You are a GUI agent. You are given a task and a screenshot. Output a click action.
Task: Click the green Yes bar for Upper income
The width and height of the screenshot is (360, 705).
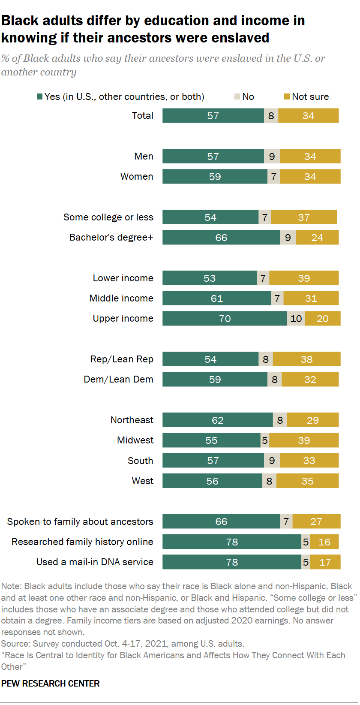coord(225,319)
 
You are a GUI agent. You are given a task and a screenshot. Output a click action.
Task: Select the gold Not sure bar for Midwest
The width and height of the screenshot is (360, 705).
coord(304,440)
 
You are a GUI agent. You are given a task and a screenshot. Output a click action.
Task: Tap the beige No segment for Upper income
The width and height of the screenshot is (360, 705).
coord(296,319)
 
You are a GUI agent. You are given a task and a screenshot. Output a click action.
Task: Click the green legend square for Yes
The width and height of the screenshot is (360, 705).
coord(40,97)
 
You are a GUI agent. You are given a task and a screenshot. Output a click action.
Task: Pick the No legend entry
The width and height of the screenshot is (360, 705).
coord(244,97)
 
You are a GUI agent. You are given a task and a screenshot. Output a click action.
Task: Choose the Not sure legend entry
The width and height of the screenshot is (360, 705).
coord(306,97)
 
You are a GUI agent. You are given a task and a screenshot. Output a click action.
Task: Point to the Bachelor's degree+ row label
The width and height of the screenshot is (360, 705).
coord(111,238)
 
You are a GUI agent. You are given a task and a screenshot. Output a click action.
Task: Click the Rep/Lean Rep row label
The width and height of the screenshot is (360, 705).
coord(122,359)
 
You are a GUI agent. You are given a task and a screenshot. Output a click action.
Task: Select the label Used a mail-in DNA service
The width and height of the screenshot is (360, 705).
coord(95,562)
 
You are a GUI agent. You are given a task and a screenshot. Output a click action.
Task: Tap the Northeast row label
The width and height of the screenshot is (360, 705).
coord(132,420)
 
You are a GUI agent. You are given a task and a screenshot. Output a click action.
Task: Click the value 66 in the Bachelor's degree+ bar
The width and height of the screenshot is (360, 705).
coord(221,238)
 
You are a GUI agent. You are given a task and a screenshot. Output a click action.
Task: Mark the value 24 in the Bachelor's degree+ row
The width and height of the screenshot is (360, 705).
coord(317,238)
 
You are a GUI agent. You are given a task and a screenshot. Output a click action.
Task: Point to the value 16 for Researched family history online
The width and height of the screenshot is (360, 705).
coord(324,542)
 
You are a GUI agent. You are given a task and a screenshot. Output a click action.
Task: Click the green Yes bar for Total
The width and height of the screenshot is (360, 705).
coord(213,116)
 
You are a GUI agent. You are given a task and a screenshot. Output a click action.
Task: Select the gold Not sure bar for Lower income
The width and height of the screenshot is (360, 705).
coord(304,278)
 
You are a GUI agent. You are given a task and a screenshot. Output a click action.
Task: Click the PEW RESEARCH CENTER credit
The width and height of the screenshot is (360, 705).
coord(50,684)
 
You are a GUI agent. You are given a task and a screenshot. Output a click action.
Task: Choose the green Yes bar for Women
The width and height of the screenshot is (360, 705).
coord(215,177)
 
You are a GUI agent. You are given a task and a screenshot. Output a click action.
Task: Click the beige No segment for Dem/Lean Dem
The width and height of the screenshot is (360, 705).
coord(275,380)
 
